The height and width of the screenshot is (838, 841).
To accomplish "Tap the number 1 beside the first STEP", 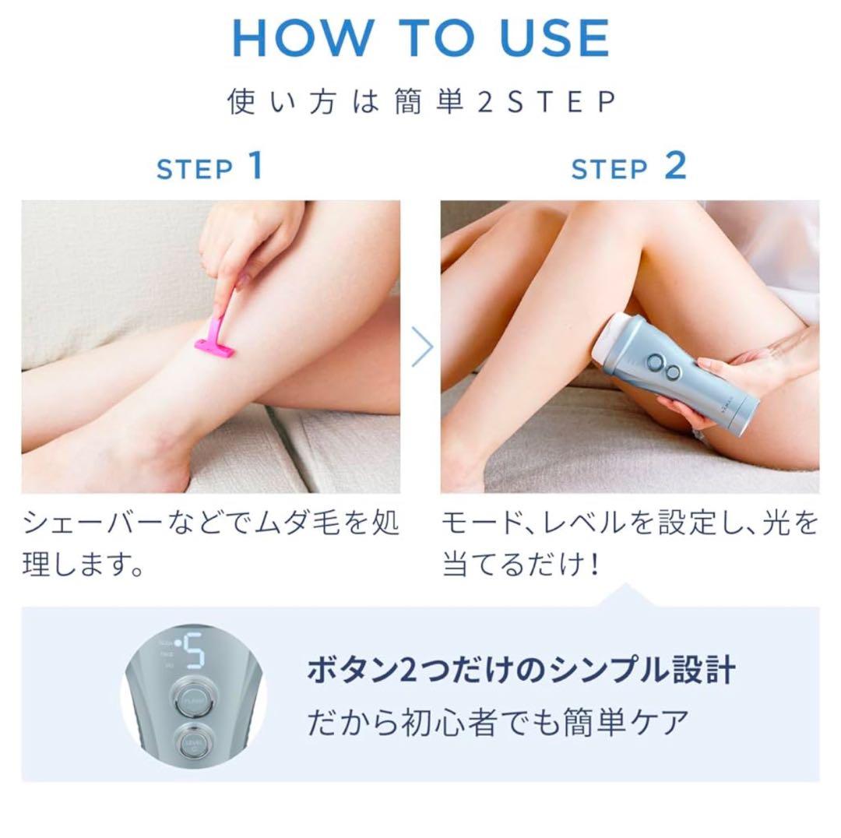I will pos(255,166).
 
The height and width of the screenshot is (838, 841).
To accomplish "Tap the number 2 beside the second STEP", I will pos(675,166).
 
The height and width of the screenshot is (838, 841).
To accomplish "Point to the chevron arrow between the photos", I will pos(421,347).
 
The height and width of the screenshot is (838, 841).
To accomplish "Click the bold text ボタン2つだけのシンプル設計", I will pos(521,670).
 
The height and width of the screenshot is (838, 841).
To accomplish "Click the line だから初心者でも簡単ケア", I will pos(498,723).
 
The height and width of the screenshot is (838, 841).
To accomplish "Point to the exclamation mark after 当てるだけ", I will pos(593,565).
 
